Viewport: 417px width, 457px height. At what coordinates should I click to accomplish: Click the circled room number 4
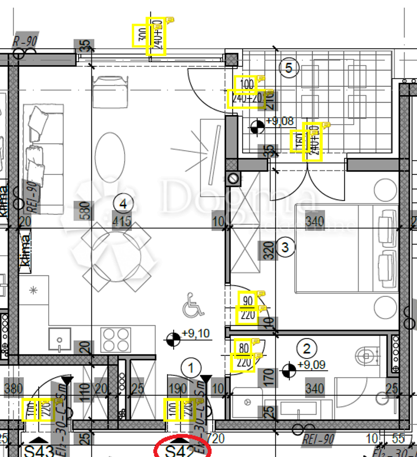point(124,204)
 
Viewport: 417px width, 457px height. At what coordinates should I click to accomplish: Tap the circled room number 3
point(286,247)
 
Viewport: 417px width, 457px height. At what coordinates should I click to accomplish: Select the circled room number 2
point(306,349)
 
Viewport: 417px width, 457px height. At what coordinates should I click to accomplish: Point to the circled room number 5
point(289,68)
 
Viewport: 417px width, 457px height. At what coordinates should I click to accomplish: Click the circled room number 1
point(192,368)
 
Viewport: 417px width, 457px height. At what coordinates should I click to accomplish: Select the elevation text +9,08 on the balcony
point(280,121)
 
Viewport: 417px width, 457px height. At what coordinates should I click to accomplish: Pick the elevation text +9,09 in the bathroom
point(311,365)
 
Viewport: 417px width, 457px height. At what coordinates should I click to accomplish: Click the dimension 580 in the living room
point(86,211)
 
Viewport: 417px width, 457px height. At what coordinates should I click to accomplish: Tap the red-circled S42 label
point(181,451)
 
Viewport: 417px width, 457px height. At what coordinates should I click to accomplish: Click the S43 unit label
point(39,451)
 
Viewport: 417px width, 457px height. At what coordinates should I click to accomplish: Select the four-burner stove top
point(116,340)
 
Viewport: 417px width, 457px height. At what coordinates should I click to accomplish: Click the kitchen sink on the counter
point(60,339)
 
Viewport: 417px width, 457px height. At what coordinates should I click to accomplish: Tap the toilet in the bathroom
point(366,355)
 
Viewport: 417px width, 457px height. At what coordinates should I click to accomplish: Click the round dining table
point(116,256)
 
